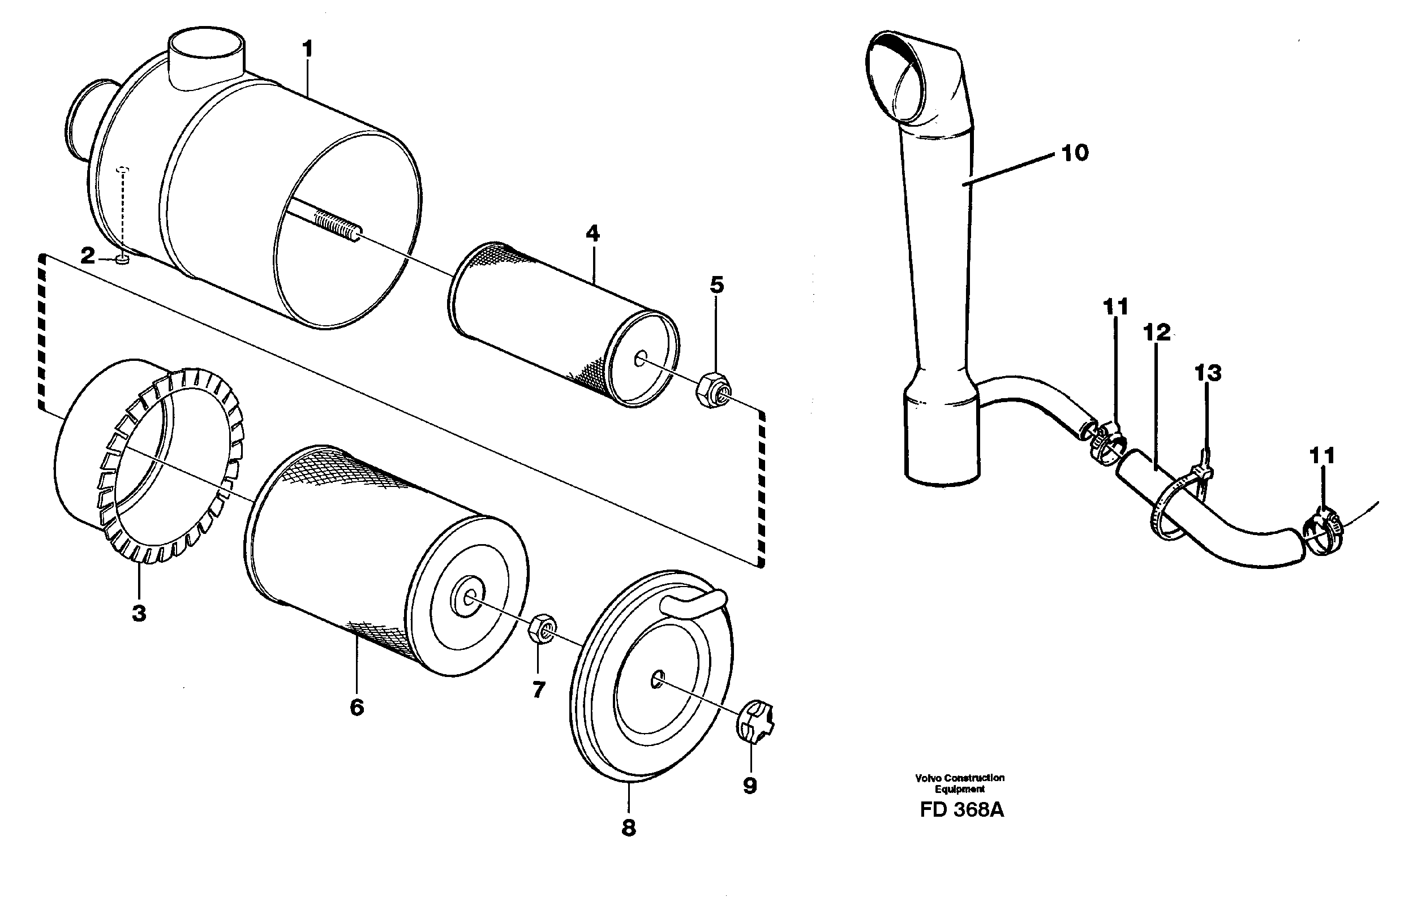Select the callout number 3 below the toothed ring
(139, 613)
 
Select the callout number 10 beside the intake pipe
(1074, 153)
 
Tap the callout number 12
(1156, 333)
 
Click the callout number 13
(1208, 373)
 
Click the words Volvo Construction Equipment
(960, 783)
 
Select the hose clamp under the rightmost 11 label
(1323, 535)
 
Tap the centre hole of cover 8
(656, 680)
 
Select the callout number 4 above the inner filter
(592, 234)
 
